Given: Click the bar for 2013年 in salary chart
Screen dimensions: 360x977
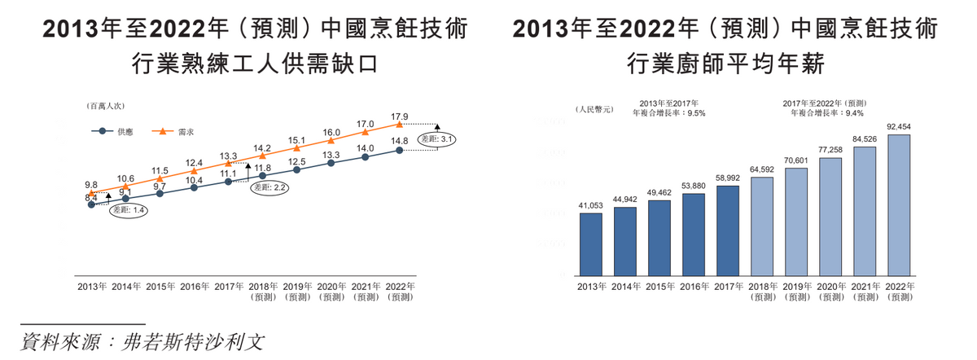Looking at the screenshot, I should pos(590,245).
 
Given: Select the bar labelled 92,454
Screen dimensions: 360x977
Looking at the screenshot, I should pos(899,205).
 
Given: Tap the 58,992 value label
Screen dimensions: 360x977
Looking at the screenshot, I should pos(728,178).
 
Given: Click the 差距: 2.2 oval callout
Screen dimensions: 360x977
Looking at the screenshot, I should pos(270,187).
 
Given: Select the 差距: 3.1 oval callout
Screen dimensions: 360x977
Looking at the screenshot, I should pos(436,139).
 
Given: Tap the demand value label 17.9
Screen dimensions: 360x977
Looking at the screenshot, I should pos(399,116).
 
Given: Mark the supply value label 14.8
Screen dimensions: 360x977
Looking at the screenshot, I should pos(399,141).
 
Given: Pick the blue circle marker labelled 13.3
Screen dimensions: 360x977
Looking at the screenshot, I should pos(331,163).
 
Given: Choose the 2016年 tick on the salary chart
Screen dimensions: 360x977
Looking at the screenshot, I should pos(694,287).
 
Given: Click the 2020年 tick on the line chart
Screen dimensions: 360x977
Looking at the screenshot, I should pos(331,287).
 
